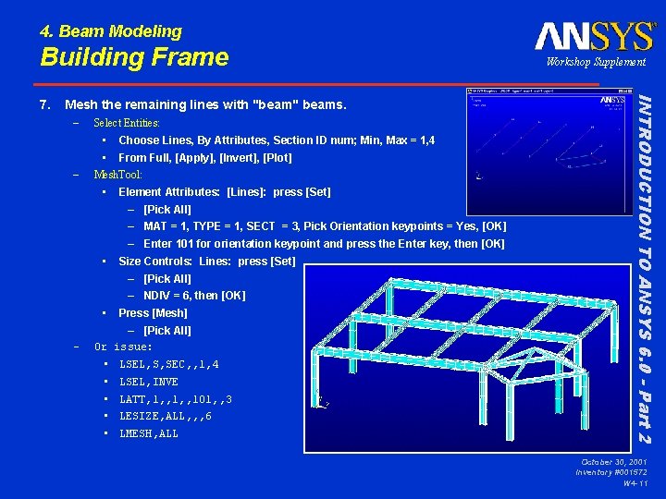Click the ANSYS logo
click(594, 37)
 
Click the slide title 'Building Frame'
click(134, 57)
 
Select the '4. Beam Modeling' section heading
click(111, 31)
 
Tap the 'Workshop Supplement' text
click(596, 62)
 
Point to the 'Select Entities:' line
click(127, 123)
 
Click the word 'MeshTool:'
click(117, 175)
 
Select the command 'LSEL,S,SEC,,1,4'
click(169, 365)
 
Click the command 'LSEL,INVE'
click(149, 382)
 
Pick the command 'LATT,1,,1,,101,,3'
click(176, 399)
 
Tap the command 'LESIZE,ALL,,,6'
click(166, 417)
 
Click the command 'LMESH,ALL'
click(149, 434)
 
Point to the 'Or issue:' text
click(124, 347)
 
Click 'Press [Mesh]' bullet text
click(153, 313)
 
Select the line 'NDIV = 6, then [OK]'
click(194, 296)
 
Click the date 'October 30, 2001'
click(613, 461)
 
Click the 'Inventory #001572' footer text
click(610, 472)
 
